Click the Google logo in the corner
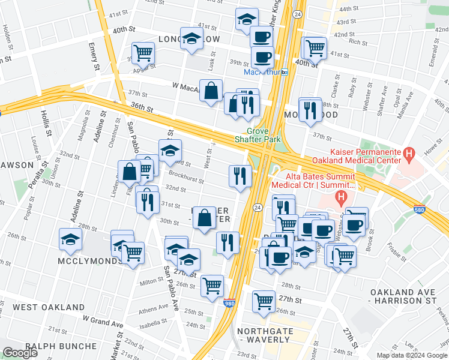click(x=20, y=353)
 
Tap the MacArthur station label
click(x=262, y=72)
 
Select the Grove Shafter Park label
click(x=264, y=135)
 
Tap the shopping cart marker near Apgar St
click(x=143, y=53)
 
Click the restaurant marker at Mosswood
click(x=310, y=109)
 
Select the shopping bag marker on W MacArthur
click(x=211, y=91)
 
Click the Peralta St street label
click(x=41, y=184)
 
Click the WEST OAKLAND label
click(x=49, y=307)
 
